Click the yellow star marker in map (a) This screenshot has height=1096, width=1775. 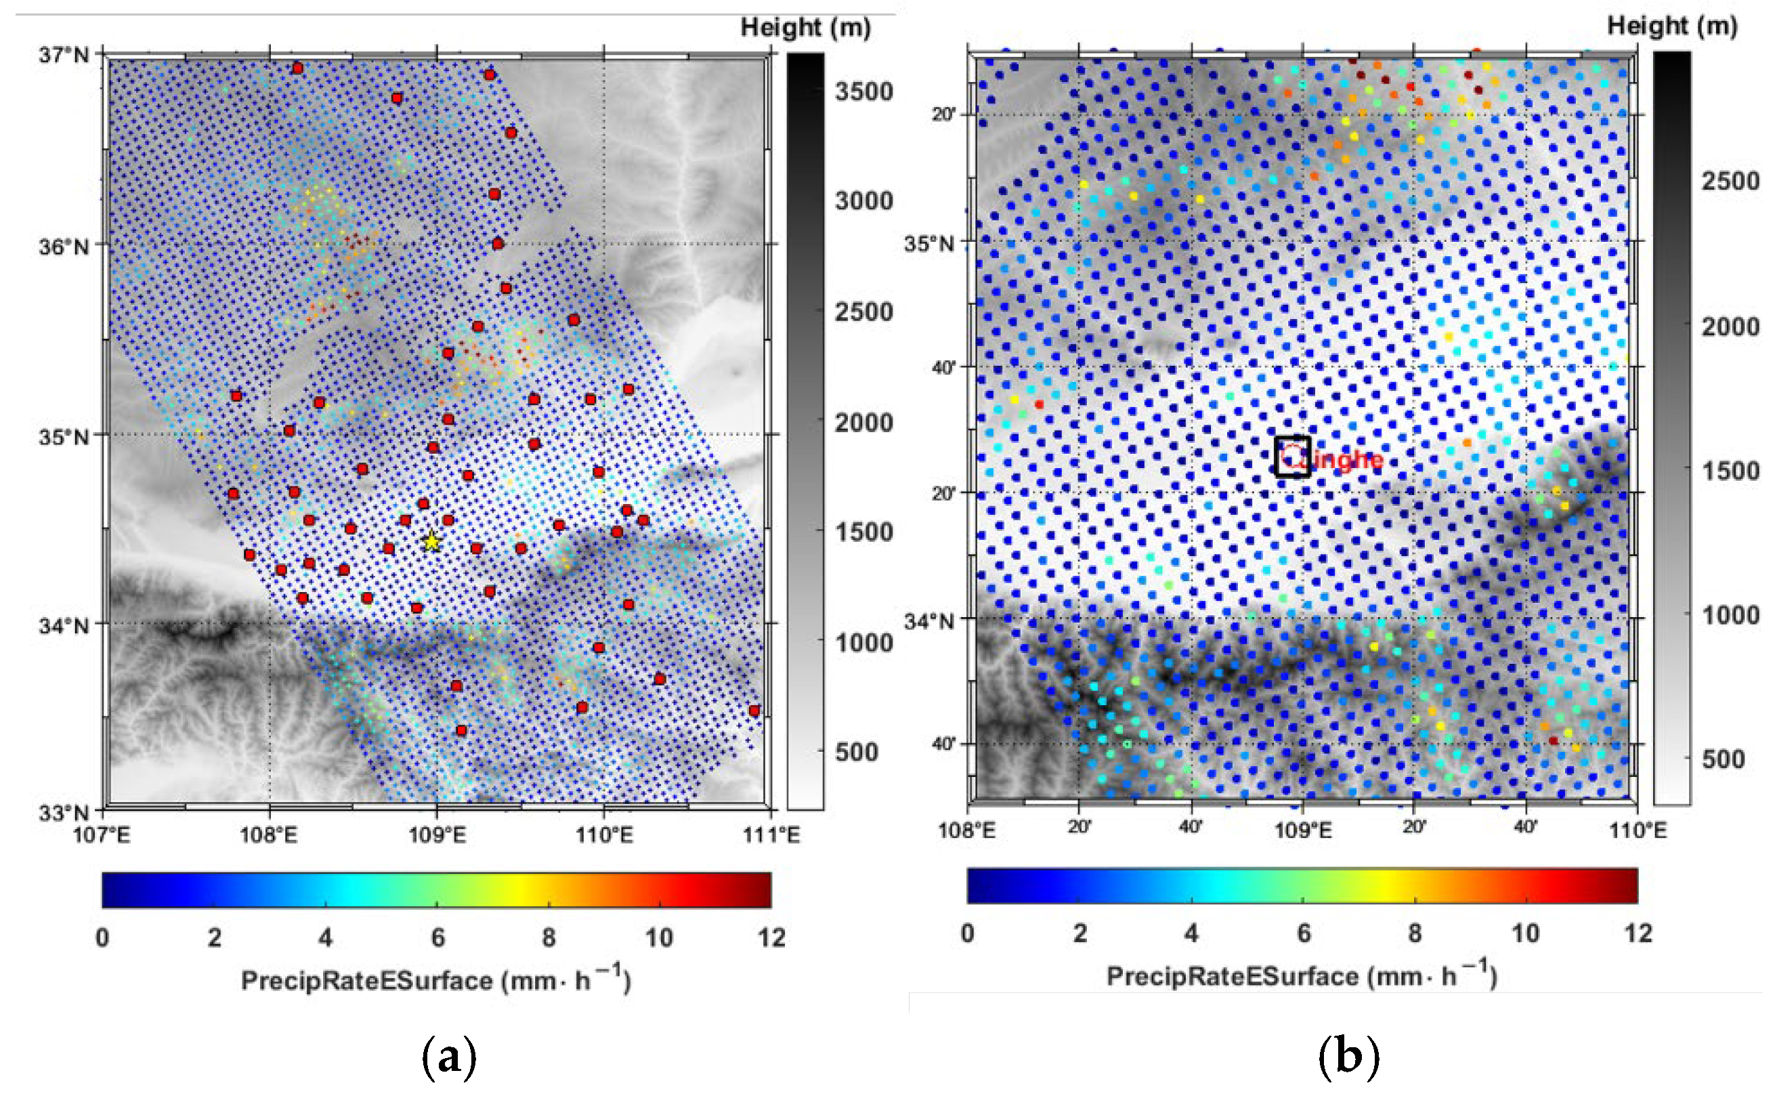pyautogui.click(x=432, y=541)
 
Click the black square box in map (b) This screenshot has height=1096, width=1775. pyautogui.click(x=1293, y=456)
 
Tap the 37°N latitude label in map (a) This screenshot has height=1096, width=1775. pyautogui.click(x=64, y=55)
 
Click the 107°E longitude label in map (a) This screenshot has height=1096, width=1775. pyautogui.click(x=102, y=835)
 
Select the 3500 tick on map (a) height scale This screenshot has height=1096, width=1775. pyautogui.click(x=863, y=92)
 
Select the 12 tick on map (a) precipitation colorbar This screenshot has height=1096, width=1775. pyautogui.click(x=771, y=938)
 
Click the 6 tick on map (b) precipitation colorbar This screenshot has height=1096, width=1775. pyautogui.click(x=1304, y=933)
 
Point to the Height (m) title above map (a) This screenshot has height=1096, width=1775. pyautogui.click(x=805, y=28)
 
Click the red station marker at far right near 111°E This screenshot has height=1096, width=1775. pyautogui.click(x=754, y=711)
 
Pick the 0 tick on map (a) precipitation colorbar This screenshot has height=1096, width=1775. pyautogui.click(x=102, y=938)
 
